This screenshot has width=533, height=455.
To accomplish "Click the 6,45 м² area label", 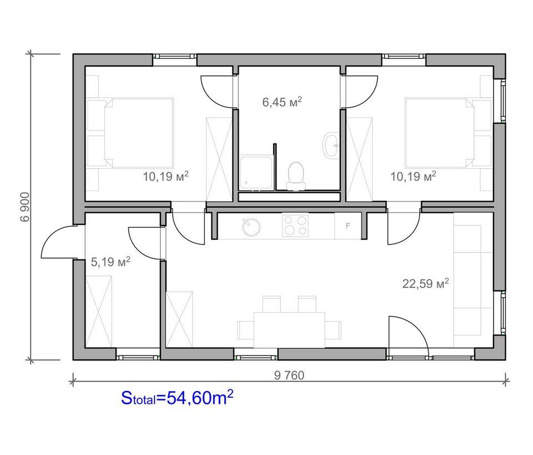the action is point(282,102).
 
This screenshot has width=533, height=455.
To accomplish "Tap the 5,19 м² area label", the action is point(111,262).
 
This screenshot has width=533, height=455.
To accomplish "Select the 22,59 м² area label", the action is point(426,283).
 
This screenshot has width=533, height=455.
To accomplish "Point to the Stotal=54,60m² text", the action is point(177,398).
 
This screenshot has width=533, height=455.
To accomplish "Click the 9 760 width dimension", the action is point(289,376).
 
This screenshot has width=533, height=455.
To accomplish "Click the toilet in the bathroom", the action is point(295,176).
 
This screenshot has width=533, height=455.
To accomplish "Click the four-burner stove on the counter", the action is point(295,226).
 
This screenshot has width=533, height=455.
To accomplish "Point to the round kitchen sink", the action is point(251,227).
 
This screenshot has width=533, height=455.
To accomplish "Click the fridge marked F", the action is point(348,226).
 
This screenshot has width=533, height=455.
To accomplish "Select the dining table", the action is point(289,330).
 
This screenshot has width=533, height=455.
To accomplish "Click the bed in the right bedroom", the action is point(449,133).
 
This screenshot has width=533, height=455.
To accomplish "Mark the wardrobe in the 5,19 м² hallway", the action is point(99,312).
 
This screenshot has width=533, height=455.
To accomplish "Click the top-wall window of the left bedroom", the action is point(174,60).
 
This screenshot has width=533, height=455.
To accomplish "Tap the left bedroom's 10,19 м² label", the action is point(165,177).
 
